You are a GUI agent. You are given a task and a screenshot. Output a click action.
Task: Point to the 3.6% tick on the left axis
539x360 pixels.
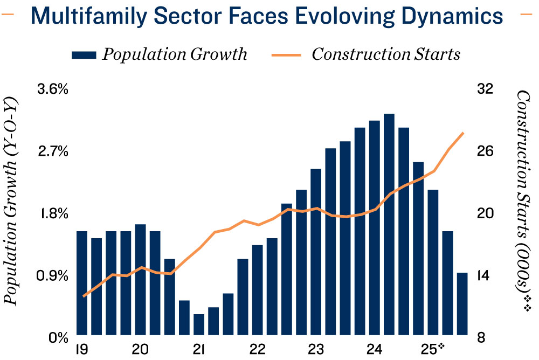point(52,89)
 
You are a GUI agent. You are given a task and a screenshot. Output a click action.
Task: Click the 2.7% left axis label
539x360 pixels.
point(52,151)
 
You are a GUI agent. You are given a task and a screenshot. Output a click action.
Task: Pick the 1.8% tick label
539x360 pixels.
point(52,213)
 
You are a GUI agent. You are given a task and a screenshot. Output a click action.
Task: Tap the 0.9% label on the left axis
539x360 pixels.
point(52,276)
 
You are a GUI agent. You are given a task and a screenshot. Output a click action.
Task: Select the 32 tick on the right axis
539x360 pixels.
point(486,89)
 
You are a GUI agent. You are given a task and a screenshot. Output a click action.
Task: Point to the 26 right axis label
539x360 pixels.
point(486,151)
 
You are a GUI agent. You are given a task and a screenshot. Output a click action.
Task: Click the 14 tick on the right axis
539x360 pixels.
point(486,276)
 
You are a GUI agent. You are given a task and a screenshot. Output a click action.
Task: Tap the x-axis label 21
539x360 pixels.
point(199,349)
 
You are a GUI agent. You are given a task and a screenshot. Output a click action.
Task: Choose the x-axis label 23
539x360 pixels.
point(316,349)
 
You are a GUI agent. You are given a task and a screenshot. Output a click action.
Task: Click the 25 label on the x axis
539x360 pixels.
point(432,349)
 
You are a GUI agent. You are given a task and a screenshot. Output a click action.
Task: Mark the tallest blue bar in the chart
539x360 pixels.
point(389,224)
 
